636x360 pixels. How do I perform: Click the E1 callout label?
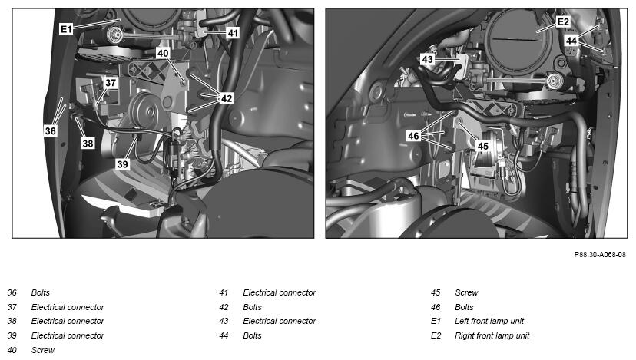pos(66,29)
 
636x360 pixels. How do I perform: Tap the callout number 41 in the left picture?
pos(233,33)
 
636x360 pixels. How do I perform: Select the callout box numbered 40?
pos(163,53)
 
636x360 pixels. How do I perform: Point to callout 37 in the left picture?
pos(111,83)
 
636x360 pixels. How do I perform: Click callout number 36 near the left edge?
pos(50,130)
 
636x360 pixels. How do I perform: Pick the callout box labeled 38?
pos(88,143)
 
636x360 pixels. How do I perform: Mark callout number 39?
pos(122,164)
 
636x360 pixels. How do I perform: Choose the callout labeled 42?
pos(227,98)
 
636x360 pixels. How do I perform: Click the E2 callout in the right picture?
pos(563,21)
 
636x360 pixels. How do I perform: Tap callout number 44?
pos(571,41)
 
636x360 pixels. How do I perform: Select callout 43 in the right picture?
pos(427,60)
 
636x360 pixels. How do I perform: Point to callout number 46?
pos(413,136)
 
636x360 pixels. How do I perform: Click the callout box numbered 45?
pos(482,146)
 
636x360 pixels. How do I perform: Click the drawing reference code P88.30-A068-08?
pos(600,255)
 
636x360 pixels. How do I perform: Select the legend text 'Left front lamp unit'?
pos(489,321)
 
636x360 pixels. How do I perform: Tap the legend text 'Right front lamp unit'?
pos(492,335)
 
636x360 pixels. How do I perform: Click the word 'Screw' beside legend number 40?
pos(42,350)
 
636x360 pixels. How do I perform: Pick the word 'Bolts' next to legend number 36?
pos(41,292)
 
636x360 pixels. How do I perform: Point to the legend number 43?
pos(224,321)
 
